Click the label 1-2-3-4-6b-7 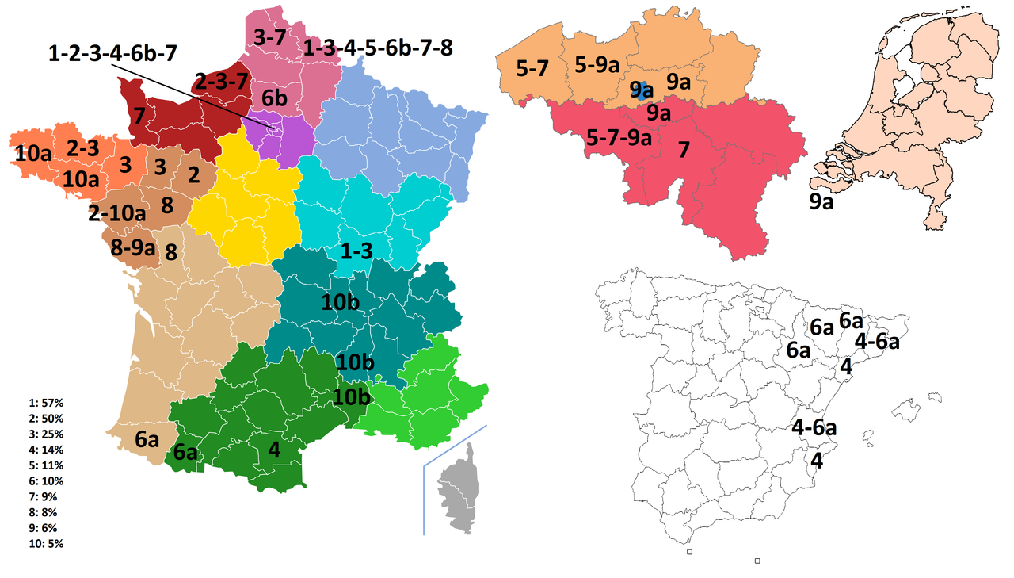[x=112, y=53]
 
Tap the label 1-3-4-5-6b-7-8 [x=379, y=48]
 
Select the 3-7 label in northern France [x=275, y=36]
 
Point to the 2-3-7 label [x=221, y=81]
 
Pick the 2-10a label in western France [x=117, y=212]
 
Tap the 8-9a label [x=133, y=248]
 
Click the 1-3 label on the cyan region [x=356, y=251]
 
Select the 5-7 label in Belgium [x=532, y=69]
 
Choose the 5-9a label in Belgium [x=597, y=65]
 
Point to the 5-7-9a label [x=619, y=138]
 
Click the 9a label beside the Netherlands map [x=821, y=202]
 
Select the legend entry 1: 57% [x=46, y=403]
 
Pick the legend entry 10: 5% [x=46, y=544]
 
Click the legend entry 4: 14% [x=46, y=450]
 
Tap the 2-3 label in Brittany [x=82, y=147]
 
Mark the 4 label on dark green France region [x=274, y=450]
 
